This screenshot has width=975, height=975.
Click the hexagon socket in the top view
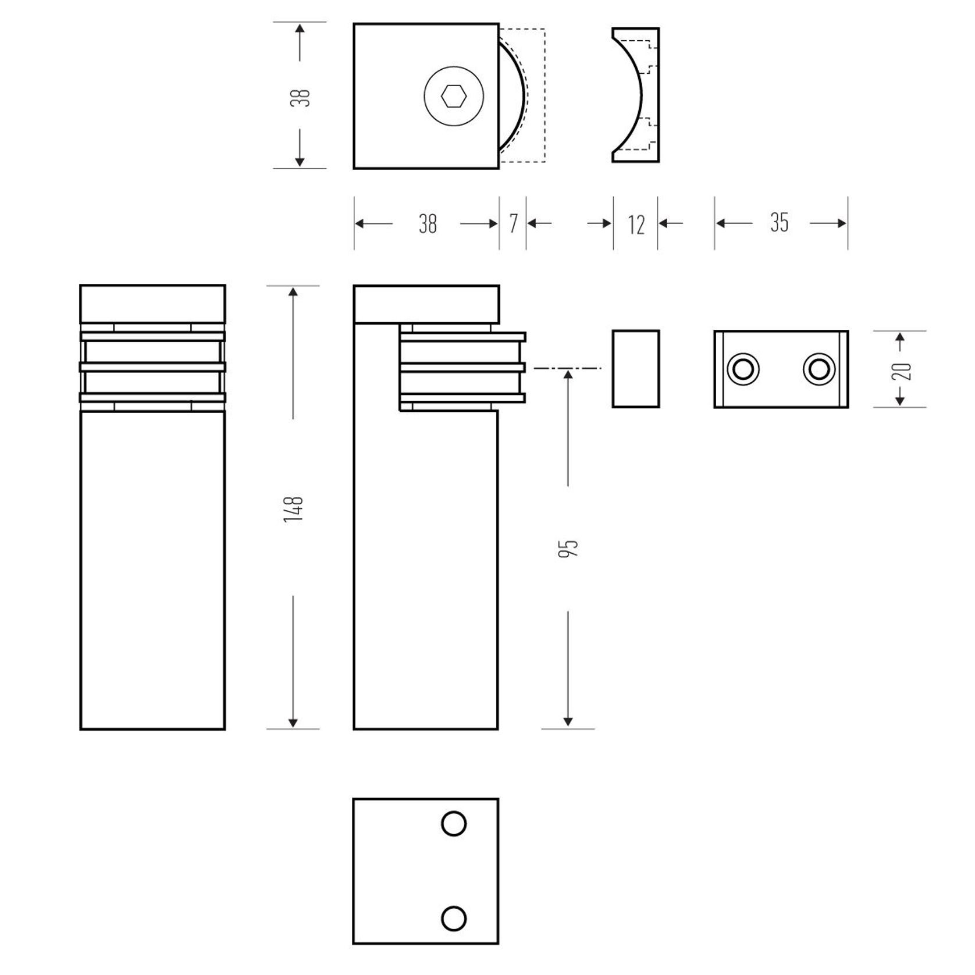point(454,97)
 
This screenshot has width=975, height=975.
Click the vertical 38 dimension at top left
point(301,97)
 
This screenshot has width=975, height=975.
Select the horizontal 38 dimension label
point(428,224)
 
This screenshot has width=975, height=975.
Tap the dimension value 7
point(513,224)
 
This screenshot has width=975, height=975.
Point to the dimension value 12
point(636,225)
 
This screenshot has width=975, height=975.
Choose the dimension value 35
point(780,223)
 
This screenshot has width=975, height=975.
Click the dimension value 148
point(294,508)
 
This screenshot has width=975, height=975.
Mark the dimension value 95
point(568,548)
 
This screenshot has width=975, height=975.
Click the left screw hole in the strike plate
point(743,369)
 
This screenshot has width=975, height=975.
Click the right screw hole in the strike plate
point(819,369)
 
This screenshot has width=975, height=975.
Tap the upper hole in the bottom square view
point(454,824)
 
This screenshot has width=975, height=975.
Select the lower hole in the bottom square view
point(454,919)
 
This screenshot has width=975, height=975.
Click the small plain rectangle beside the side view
point(635,369)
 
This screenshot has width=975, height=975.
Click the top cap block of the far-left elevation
point(152,303)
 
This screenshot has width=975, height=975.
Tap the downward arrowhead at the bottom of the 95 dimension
point(568,722)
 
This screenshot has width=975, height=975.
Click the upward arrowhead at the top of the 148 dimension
point(293,293)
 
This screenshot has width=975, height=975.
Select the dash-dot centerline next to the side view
point(567,368)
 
